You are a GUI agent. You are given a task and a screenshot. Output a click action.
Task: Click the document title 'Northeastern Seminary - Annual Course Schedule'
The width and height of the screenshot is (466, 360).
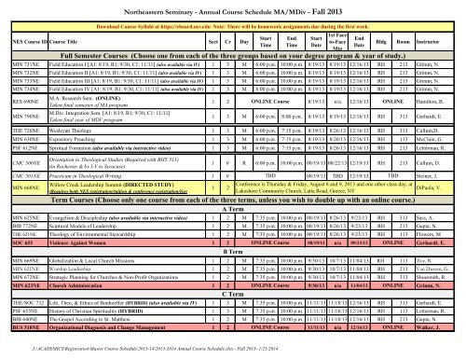tap(232, 7)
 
